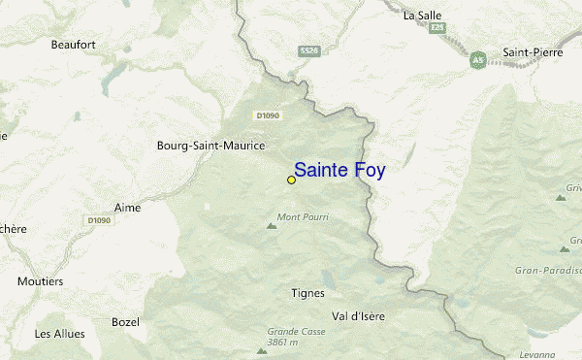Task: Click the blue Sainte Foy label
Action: [339, 171]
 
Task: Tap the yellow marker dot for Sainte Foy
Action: [291, 180]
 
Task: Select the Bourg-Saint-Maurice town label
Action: [210, 146]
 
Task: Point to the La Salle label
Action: [422, 15]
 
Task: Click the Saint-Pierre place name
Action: [533, 52]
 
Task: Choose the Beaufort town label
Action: [74, 44]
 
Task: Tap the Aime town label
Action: [127, 208]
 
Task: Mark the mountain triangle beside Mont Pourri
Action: [271, 226]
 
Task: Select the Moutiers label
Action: [40, 281]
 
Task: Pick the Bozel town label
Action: [126, 321]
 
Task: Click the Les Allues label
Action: [59, 334]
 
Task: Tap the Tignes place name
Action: [307, 292]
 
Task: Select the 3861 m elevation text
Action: [288, 344]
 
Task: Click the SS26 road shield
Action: [309, 50]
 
